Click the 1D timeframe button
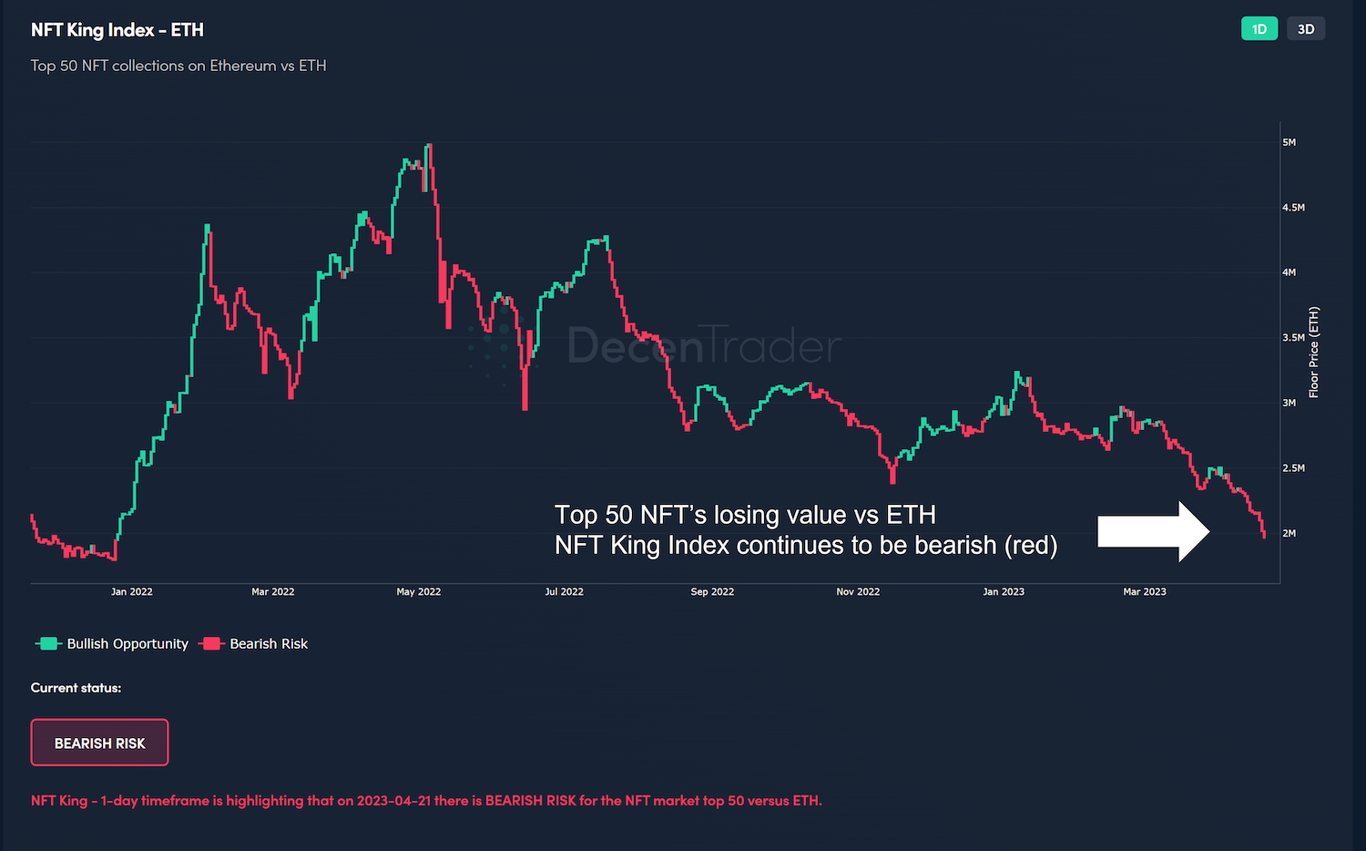(x=1259, y=29)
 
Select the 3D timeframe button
(x=1305, y=29)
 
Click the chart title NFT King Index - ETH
(x=117, y=30)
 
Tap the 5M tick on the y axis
(x=1289, y=143)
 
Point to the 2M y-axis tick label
(x=1289, y=534)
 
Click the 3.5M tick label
(x=1293, y=338)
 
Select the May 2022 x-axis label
(x=418, y=592)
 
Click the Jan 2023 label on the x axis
(x=1004, y=592)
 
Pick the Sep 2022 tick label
(x=712, y=592)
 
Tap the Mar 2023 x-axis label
(x=1145, y=592)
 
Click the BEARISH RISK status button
(x=99, y=743)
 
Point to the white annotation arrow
(x=1153, y=531)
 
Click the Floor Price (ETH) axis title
(x=1314, y=353)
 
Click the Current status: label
(x=76, y=688)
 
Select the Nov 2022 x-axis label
(x=858, y=592)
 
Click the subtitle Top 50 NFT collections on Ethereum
(x=178, y=66)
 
